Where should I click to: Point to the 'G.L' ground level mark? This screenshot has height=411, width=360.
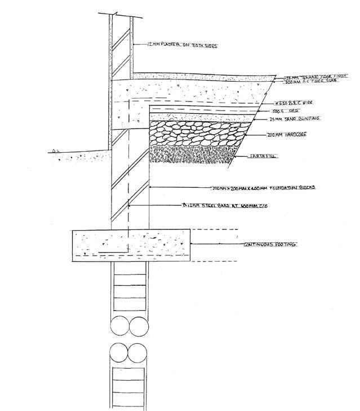coord(54,151)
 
